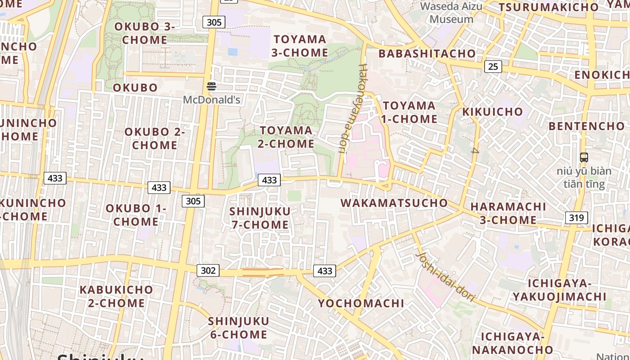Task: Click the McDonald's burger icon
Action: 211,86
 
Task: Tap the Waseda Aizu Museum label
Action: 451,13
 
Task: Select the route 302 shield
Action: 208,270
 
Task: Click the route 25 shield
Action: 493,67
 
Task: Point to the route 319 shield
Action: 576,218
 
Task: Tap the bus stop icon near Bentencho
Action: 584,157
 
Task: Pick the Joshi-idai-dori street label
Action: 445,275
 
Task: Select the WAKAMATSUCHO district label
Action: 394,203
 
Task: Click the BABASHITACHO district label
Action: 427,54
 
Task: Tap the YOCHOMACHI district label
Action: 361,303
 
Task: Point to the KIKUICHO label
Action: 492,112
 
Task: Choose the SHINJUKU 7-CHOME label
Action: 260,218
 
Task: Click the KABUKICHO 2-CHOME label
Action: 116,296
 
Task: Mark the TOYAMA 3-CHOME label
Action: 300,46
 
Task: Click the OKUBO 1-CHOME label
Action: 135,215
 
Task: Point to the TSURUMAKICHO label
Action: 549,7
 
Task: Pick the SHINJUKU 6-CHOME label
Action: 238,328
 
